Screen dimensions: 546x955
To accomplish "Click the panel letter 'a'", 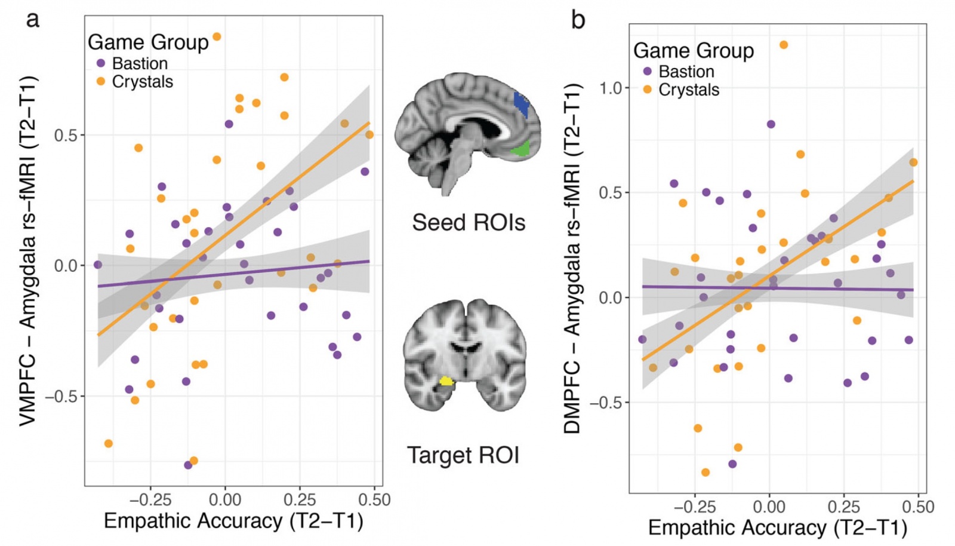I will coord(32,19).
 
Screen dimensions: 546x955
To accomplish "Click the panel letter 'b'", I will coord(578,20).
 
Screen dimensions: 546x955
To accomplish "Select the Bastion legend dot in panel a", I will coord(101,63).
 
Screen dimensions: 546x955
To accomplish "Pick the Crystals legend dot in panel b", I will coord(647,90).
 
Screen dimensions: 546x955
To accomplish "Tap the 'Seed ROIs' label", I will coord(469,223).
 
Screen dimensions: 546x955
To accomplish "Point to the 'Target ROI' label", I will coord(463,455).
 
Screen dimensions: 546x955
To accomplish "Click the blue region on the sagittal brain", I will coord(522,103).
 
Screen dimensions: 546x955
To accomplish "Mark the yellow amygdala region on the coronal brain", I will coord(446,381).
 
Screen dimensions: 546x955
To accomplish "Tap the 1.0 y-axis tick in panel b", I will coord(611,88).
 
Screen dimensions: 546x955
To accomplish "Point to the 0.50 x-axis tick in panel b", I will coord(918,507).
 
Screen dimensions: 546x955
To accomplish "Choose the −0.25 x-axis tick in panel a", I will coord(150,499).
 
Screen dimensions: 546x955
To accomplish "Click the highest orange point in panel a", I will coord(217,37).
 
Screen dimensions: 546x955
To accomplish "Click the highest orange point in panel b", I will coord(784,45).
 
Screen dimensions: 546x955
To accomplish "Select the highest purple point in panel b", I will coord(771,124).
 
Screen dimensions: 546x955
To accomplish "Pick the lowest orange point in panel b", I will coord(706,473).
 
